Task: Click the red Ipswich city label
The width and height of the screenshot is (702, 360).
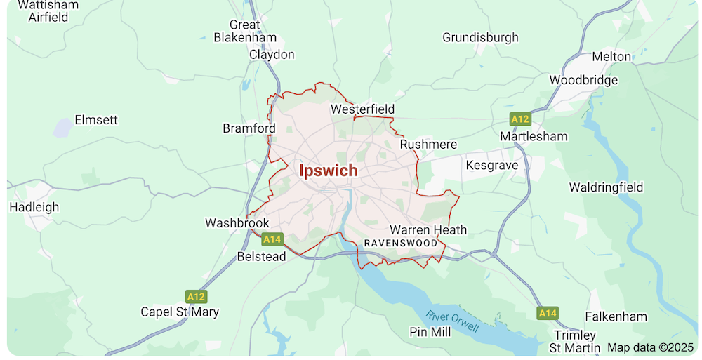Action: click(x=328, y=171)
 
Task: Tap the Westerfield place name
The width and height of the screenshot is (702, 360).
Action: click(x=362, y=109)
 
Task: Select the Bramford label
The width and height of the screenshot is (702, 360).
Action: click(x=249, y=128)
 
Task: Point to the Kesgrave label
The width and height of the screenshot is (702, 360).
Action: click(x=491, y=166)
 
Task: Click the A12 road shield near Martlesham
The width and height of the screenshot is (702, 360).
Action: click(x=520, y=119)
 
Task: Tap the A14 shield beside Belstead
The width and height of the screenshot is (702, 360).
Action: click(x=272, y=239)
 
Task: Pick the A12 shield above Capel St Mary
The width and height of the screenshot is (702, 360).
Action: click(x=196, y=296)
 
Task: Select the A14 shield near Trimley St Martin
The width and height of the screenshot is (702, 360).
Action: click(x=548, y=312)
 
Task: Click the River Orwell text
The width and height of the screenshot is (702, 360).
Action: click(x=453, y=321)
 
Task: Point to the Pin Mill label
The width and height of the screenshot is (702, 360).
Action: click(x=430, y=332)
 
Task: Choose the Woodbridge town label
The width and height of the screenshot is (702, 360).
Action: click(x=583, y=80)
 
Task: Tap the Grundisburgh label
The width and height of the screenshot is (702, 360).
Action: click(x=480, y=37)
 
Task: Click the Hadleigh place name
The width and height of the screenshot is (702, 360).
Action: click(x=34, y=207)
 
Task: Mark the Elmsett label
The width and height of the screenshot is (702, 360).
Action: click(x=96, y=120)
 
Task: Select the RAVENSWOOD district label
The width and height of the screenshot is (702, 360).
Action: click(x=399, y=243)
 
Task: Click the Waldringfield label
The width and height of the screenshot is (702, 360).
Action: click(x=606, y=187)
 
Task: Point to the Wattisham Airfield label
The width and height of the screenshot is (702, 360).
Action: click(x=48, y=11)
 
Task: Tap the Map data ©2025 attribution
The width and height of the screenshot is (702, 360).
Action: click(x=650, y=347)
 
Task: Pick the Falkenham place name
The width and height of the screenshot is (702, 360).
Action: click(x=616, y=316)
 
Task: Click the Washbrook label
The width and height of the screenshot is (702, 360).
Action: click(x=237, y=223)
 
